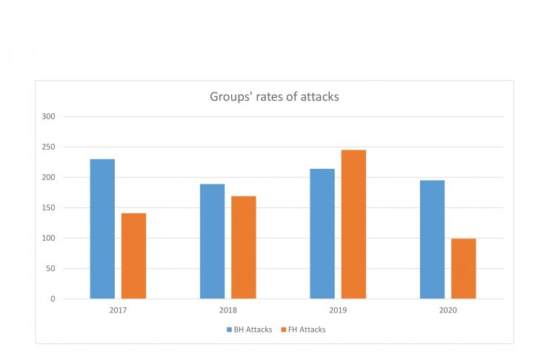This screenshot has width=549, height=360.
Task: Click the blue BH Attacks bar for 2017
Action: tap(102, 229)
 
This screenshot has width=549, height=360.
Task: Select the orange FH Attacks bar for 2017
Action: tap(133, 256)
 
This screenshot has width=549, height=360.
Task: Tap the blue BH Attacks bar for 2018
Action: tap(212, 241)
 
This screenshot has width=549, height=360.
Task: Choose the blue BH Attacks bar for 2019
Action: tap(322, 233)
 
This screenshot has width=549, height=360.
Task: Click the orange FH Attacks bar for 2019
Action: tap(353, 224)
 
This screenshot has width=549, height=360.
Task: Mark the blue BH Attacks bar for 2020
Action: tap(432, 239)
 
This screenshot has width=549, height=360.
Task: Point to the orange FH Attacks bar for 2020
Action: tap(463, 268)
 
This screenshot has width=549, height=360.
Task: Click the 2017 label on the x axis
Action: tap(118, 310)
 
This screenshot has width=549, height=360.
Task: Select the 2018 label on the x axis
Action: tap(227, 310)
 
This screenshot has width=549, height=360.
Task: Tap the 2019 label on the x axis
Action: tap(337, 310)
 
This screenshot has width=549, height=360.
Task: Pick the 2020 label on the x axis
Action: tap(447, 310)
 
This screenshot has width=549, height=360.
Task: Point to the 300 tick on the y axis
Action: tap(49, 116)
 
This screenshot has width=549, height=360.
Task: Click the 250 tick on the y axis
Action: tap(49, 147)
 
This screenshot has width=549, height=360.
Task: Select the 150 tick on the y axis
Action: tap(49, 207)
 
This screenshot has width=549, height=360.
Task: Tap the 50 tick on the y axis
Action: tap(51, 268)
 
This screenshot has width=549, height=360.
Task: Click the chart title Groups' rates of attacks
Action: tap(274, 96)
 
